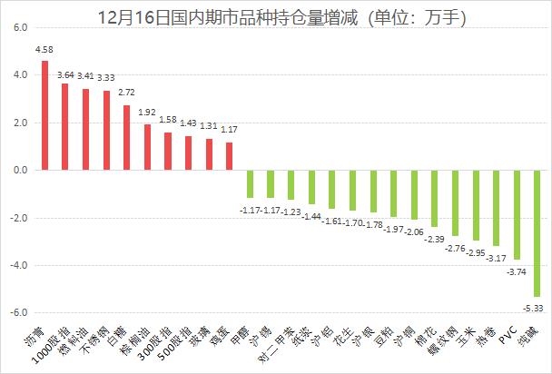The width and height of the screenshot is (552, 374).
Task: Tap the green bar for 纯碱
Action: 537,233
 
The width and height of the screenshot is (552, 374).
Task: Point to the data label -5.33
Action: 537,309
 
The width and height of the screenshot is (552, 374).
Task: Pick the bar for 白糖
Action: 127,137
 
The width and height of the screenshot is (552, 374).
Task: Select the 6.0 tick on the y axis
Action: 17,28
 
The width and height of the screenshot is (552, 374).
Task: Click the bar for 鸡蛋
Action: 230,156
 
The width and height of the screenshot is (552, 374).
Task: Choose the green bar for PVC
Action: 517,214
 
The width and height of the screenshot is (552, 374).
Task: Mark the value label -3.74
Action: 516,271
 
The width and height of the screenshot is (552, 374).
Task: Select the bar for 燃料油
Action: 85,130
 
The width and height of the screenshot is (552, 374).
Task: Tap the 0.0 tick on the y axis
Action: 17,171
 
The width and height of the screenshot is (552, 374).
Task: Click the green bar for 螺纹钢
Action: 456,202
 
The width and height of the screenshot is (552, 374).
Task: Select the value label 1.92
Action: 147,114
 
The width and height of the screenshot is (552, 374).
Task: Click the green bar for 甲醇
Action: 250,183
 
